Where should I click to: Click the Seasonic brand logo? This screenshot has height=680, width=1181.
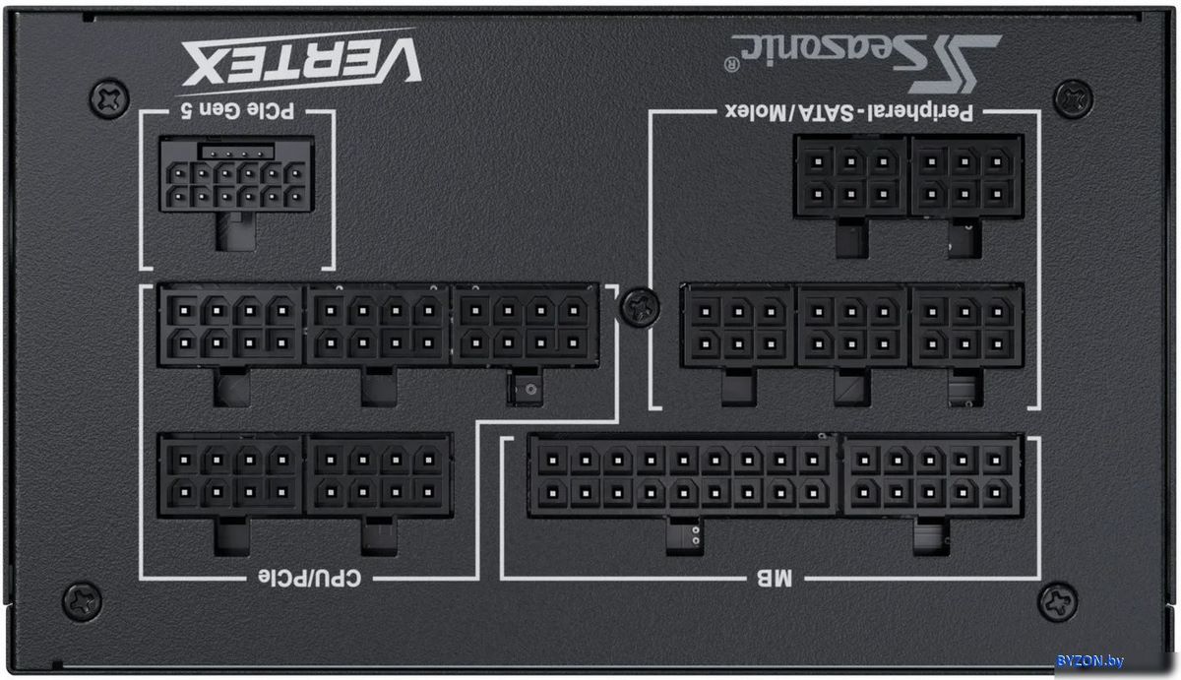click(865, 63)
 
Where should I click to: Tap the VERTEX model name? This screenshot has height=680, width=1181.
click(300, 61)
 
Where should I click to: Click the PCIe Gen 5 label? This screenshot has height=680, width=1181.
click(237, 110)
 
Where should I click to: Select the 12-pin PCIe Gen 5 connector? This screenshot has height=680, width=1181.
click(237, 174)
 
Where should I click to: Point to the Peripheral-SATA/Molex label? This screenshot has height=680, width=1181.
click(848, 112)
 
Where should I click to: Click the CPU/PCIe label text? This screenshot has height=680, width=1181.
click(309, 579)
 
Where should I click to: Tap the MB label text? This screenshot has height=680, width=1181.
click(775, 579)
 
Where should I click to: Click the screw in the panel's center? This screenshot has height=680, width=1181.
click(640, 307)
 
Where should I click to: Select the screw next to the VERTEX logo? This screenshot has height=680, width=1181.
click(108, 98)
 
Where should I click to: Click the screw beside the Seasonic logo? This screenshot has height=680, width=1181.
click(1073, 98)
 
